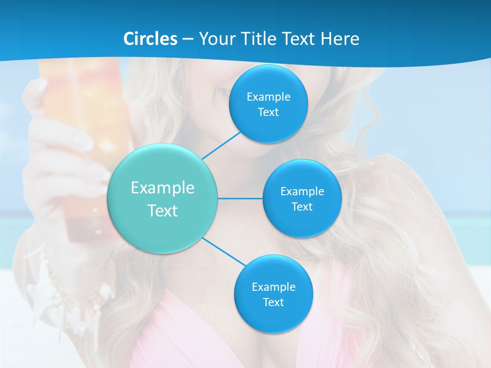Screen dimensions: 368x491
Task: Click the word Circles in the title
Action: click(150, 39)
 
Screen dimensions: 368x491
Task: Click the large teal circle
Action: click(163, 198)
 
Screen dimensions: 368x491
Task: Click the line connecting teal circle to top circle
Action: click(221, 145)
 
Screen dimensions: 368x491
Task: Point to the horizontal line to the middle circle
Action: click(240, 198)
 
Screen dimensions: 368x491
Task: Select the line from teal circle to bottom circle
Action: click(224, 252)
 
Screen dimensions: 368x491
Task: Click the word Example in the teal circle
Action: click(163, 188)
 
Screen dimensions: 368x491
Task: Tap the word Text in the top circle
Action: click(269, 112)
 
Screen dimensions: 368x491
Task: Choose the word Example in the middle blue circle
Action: click(302, 191)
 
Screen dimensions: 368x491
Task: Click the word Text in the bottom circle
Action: click(273, 302)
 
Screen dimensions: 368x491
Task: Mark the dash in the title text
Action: click(188, 39)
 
